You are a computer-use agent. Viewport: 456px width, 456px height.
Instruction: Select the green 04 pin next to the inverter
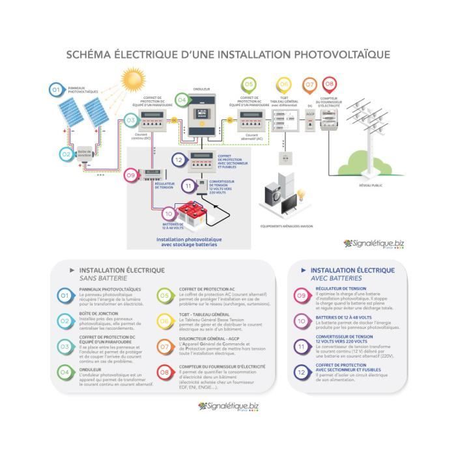pos(182,100)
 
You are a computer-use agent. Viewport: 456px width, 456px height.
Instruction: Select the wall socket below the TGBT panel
pos(284,158)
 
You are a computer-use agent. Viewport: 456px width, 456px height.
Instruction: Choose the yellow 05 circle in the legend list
pos(164,296)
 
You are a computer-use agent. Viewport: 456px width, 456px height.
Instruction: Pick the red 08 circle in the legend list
pos(164,372)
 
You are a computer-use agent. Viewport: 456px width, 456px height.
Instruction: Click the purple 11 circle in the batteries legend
pos(301,347)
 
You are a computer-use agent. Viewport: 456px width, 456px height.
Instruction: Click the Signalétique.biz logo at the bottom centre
pos(227,406)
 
